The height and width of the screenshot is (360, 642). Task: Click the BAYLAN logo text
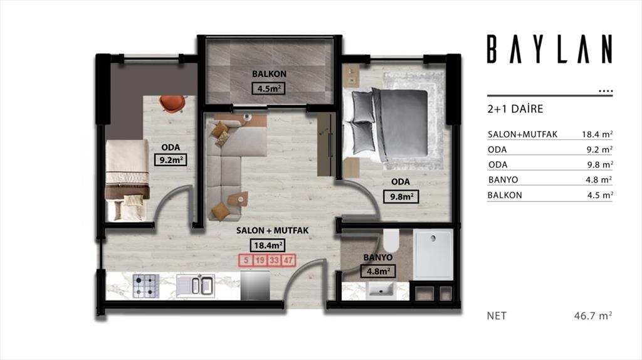click(549, 49)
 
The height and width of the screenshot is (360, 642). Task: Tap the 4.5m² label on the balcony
click(268, 88)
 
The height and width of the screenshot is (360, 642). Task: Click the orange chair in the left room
click(172, 103)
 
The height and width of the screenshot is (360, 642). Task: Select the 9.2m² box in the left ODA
click(171, 160)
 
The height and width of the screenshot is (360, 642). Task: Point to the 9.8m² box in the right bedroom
click(401, 196)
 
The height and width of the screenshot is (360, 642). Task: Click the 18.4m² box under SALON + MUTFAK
click(268, 245)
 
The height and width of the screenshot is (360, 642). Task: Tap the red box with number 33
click(274, 260)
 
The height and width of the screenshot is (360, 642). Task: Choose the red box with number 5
click(246, 260)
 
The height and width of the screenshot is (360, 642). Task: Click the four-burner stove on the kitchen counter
click(146, 286)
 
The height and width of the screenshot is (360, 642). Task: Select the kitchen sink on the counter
click(196, 285)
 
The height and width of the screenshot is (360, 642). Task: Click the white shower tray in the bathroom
click(433, 255)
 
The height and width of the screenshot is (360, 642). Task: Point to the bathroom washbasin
click(381, 290)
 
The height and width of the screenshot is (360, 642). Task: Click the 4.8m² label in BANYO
click(378, 271)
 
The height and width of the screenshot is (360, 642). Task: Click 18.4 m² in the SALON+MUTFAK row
click(597, 134)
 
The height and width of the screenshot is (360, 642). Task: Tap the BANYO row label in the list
click(503, 180)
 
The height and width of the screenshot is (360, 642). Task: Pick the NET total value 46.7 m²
click(593, 315)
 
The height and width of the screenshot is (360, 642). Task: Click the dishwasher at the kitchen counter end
click(255, 285)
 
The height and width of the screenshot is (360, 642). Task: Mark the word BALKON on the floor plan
click(269, 74)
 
